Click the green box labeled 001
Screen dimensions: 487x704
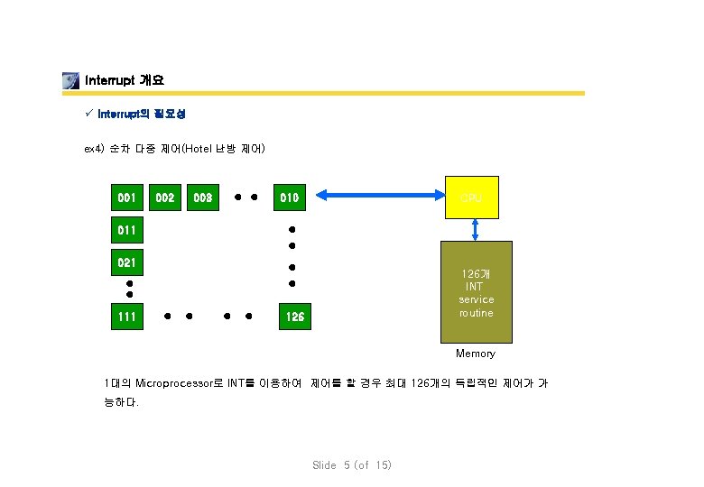click(127, 196)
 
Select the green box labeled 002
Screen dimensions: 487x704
click(165, 196)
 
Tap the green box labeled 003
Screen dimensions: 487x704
click(203, 196)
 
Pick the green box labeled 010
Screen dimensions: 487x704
click(291, 196)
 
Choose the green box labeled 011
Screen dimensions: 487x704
click(127, 230)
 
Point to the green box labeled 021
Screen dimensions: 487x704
click(127, 263)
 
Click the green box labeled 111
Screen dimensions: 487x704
click(127, 317)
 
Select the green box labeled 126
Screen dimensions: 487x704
click(294, 317)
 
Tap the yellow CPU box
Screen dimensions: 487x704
click(472, 196)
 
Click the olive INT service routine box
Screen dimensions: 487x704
click(476, 292)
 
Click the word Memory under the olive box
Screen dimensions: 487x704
click(476, 354)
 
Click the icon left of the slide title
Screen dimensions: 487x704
click(71, 80)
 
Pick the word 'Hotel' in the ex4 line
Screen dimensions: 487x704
click(203, 148)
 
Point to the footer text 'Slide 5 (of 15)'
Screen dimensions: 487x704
click(352, 465)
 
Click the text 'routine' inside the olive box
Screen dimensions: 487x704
click(476, 313)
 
